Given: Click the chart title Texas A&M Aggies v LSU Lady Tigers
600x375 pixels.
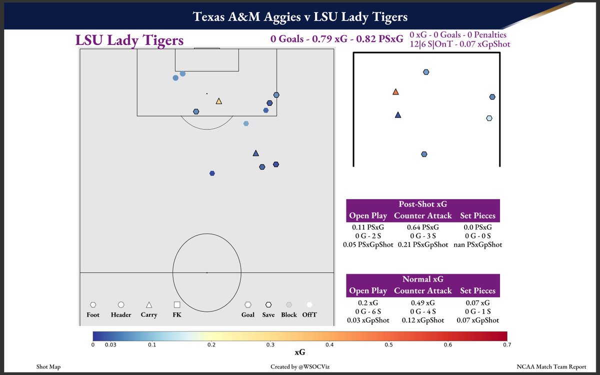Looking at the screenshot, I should coord(300,17).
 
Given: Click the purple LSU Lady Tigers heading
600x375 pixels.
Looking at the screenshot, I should coord(129,40).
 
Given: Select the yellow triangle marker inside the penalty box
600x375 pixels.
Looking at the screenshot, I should coord(218,101).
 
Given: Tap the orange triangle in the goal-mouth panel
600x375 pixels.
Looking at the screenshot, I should coord(395,92).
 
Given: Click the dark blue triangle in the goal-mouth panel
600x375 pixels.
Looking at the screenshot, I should coord(398,115).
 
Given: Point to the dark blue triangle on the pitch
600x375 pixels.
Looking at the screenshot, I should coord(255,153).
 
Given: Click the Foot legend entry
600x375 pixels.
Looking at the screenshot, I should coord(93,314).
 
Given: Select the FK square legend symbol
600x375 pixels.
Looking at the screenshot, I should coord(176,304).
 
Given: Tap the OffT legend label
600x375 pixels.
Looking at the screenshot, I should coord(309,314).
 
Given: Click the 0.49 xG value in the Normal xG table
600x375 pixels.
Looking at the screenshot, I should coord(422,302).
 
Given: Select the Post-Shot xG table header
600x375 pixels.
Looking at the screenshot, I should coord(422,204).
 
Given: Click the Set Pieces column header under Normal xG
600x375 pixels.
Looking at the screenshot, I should coord(477,290).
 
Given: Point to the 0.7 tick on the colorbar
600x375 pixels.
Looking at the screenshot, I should coord(507,345).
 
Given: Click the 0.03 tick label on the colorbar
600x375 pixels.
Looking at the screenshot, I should coord(110,345).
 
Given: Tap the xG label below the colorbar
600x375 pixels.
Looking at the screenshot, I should coord(300,352).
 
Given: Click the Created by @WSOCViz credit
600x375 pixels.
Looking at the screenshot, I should coord(300,367).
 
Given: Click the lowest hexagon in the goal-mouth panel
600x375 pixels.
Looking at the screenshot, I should coord(424,154).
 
